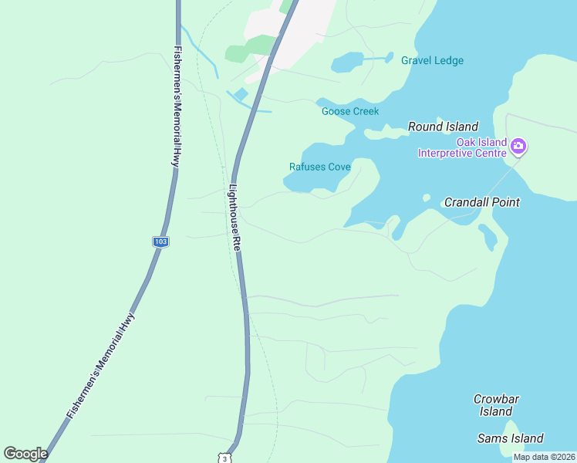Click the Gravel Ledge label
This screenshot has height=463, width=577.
(432, 61)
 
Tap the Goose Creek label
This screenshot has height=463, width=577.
(350, 111)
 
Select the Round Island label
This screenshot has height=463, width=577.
(443, 127)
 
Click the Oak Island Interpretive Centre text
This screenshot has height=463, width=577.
(461, 147)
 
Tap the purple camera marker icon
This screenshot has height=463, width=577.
(518, 145)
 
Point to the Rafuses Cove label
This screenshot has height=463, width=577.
(319, 167)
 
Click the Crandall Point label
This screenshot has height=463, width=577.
(481, 202)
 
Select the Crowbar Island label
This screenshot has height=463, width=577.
(495, 405)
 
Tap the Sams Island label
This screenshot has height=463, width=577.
(510, 438)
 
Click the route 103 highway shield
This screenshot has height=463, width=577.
(160, 242)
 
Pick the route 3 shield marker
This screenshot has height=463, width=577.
(223, 457)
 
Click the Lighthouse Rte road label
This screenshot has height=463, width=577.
(236, 215)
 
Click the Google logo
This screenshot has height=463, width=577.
(25, 454)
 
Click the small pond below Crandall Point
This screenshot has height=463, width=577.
(488, 236)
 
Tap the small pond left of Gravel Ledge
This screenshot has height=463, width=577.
(347, 62)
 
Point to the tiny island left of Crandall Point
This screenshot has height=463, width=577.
(427, 198)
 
